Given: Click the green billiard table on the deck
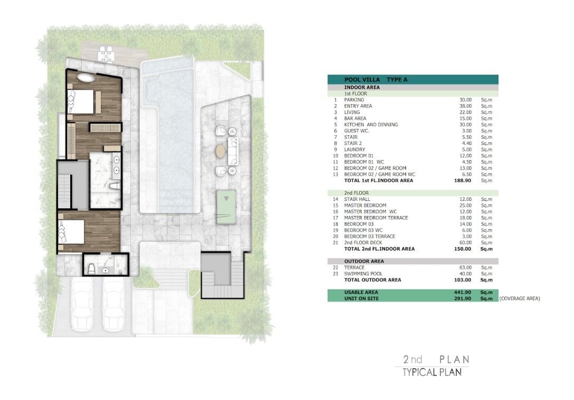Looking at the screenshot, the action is (x=226, y=207).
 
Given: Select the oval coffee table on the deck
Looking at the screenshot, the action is (x=221, y=151).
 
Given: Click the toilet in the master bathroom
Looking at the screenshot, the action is (x=115, y=185).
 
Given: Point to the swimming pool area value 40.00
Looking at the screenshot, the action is (x=465, y=274).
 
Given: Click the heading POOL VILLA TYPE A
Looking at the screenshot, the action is (x=375, y=79).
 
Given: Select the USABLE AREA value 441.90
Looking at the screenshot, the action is (x=463, y=292).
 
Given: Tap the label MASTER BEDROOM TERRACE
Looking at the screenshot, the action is (x=376, y=218).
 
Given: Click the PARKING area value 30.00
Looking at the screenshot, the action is (x=466, y=100).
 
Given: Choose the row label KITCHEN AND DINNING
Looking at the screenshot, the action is (x=371, y=125).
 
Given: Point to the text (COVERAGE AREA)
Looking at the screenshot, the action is (x=520, y=299).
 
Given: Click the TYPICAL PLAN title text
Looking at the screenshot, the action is (x=432, y=373).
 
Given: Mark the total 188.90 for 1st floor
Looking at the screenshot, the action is (x=463, y=181).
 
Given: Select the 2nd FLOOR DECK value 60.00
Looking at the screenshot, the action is (x=466, y=243).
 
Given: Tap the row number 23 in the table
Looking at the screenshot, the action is (x=336, y=274).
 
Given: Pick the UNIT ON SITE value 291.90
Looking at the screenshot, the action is (x=463, y=299).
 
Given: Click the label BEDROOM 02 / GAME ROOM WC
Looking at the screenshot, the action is (x=380, y=174).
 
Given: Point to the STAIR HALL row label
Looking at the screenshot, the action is (x=357, y=199).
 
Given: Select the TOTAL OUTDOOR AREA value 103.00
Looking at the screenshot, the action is (x=463, y=280).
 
